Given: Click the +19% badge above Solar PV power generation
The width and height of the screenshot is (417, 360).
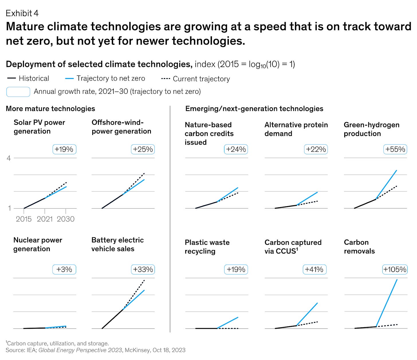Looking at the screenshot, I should pos(64,149).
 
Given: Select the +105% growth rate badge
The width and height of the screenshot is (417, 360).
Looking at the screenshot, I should pos(395,270).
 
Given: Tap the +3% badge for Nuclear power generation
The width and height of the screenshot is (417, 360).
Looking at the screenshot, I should pos(64,270).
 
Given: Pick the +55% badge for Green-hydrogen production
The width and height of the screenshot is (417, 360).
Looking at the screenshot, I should pos(395,149).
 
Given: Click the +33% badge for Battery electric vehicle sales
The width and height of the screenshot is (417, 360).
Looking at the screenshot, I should pos(143,270).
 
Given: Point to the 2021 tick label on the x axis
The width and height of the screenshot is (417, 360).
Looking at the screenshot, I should pos(45,219).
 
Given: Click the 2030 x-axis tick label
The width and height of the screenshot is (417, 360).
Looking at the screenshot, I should pos(66,219).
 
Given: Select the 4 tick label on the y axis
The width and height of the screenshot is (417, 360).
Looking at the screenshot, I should pos(9,158).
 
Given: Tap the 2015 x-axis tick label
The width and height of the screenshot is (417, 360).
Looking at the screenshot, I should pos(24,219).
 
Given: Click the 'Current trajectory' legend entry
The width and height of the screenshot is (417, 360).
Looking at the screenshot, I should pos(201,79).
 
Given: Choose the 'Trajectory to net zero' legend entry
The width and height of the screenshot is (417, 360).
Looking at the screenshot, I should pos(111,78).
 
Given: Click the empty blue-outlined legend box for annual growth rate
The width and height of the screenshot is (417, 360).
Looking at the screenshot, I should pos(18,92).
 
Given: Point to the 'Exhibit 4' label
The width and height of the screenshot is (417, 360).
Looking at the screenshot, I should pos(22,13).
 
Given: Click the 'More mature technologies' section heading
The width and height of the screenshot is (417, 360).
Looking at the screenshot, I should pos(50,109).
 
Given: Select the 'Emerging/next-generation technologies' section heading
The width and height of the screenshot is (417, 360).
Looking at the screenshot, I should pos(254,109).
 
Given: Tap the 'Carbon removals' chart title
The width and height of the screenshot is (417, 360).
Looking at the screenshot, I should pos(359,247).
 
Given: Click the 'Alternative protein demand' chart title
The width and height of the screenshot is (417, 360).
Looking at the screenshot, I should pos(296,129).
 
